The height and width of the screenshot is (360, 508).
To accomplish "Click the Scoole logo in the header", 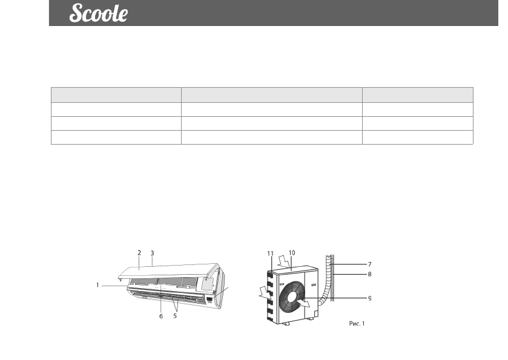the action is tap(99, 13).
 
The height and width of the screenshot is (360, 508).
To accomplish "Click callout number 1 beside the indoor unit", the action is tap(97, 285).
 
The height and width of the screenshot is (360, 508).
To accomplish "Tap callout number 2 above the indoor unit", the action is tap(139, 253).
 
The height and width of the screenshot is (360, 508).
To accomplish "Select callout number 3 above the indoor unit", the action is tap(152, 253).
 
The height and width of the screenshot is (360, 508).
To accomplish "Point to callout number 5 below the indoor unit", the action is tap(175, 316).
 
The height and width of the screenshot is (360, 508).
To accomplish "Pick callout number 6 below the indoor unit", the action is tap(161, 316).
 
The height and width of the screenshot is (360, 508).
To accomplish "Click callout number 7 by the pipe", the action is tap(370, 264).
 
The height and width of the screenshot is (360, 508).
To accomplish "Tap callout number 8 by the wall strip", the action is tap(370, 274).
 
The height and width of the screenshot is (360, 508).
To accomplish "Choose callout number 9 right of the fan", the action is tap(370, 298).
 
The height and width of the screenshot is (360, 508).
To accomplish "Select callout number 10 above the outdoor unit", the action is tap(292, 253).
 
